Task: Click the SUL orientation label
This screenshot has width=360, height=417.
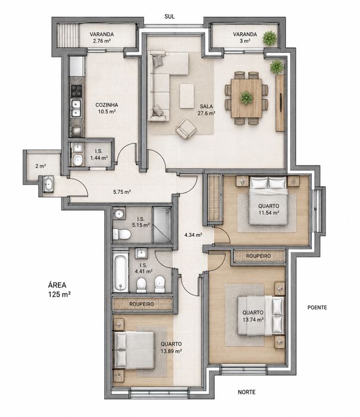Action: coord(170,17)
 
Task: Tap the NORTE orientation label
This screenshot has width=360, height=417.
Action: coord(246,392)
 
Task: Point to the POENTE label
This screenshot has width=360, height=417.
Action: coord(317,307)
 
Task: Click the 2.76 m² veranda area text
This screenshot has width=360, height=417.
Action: coord(102,41)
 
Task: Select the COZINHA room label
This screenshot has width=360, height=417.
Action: coord(107,105)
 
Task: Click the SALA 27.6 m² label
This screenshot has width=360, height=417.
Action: coord(206,110)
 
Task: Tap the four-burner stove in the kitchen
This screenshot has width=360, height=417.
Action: coord(76,91)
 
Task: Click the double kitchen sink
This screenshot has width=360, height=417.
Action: coord(76,108)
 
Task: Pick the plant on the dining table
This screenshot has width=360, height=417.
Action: coord(246,98)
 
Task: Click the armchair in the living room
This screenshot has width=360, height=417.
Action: coord(186,129)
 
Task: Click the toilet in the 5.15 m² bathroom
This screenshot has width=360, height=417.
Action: coord(122,235)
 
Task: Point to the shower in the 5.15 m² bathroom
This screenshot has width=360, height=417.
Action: coord(161,225)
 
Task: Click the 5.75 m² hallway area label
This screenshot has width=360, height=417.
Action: coord(121,192)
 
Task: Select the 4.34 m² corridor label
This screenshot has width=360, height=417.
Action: coord(193,235)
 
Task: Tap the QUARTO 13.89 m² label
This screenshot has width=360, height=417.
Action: coord(171,347)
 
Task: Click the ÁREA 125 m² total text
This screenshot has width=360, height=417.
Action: coord(60,290)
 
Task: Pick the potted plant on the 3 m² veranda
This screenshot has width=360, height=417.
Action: coord(270,38)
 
